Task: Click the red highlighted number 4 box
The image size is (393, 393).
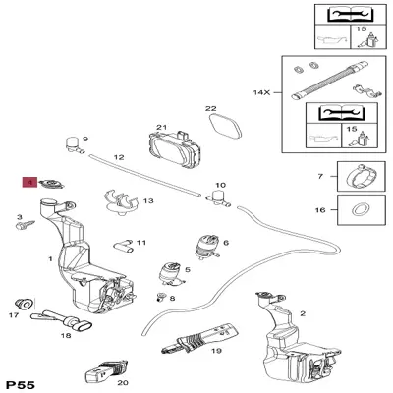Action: click(29, 182)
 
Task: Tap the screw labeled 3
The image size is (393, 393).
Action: click(26, 224)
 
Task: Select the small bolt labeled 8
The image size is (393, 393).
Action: click(160, 296)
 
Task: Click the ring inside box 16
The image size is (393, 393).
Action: click(362, 209)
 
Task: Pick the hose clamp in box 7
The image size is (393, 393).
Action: click(361, 176)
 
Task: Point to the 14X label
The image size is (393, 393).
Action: click(261, 92)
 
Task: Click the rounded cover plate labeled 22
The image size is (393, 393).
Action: click(225, 125)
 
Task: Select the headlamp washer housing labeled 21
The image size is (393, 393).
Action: click(174, 148)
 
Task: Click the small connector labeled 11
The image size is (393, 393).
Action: click(123, 247)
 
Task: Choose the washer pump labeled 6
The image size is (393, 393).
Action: click(207, 248)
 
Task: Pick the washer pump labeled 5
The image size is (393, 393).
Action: click(171, 273)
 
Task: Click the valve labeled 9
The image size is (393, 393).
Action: click(74, 145)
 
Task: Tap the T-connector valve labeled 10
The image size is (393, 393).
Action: click(218, 199)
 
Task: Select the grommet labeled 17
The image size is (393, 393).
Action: click(24, 304)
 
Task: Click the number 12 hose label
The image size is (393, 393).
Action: click(119, 157)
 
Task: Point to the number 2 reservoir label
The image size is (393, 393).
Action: click(303, 313)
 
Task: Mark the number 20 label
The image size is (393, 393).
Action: click(123, 382)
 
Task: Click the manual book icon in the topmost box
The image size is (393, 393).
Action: click(351, 15)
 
